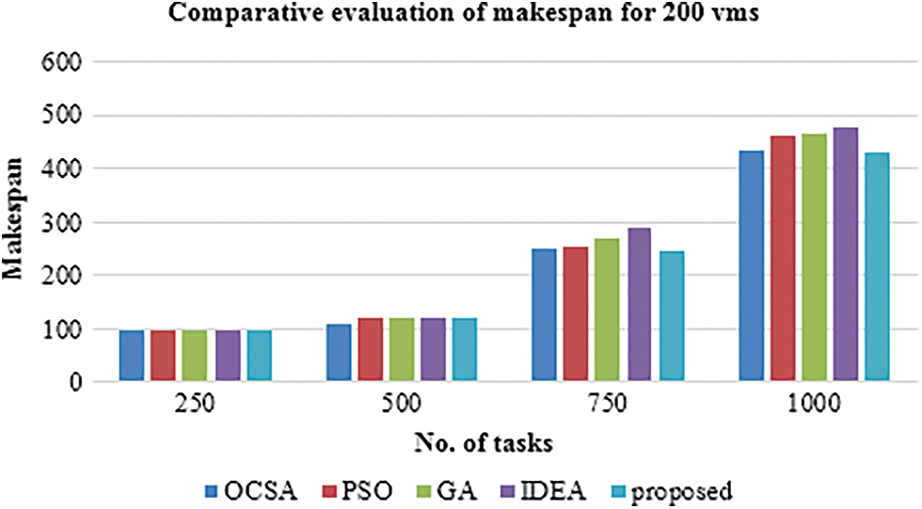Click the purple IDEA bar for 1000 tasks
(x=845, y=255)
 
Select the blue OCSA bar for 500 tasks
(x=339, y=353)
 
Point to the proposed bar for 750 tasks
(x=671, y=316)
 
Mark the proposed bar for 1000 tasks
(x=877, y=267)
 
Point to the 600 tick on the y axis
(x=62, y=62)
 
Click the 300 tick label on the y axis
(x=62, y=223)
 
